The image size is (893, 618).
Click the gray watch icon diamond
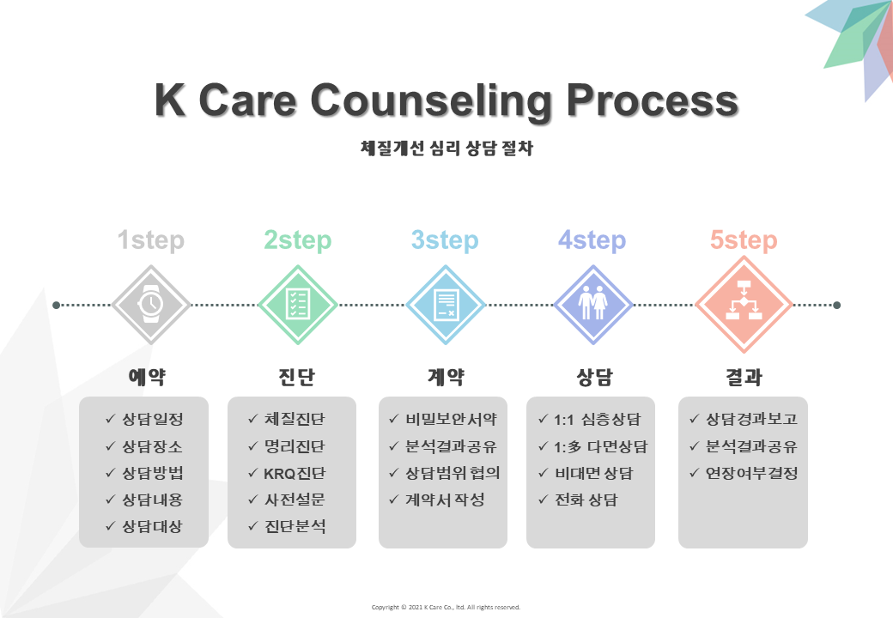[151, 305]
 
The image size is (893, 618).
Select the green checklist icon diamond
[298, 305]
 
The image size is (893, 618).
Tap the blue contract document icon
[446, 305]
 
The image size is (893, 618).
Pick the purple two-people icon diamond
[592, 305]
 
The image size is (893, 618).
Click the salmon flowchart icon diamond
[744, 305]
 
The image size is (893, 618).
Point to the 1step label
[151, 240]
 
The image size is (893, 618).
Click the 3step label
[445, 240]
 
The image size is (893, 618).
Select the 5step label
[744, 240]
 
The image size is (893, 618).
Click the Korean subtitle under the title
[446, 148]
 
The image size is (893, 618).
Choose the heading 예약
[147, 377]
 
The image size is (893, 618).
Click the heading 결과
[744, 377]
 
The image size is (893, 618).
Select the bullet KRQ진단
[295, 474]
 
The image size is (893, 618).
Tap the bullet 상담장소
[152, 446]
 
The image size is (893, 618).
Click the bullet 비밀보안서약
[451, 420]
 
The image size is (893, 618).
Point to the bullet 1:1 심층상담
[597, 420]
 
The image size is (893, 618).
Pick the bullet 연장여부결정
[752, 473]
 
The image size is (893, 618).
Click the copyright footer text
[446, 607]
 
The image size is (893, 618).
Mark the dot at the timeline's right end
[836, 305]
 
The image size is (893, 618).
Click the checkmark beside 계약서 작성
[393, 500]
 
